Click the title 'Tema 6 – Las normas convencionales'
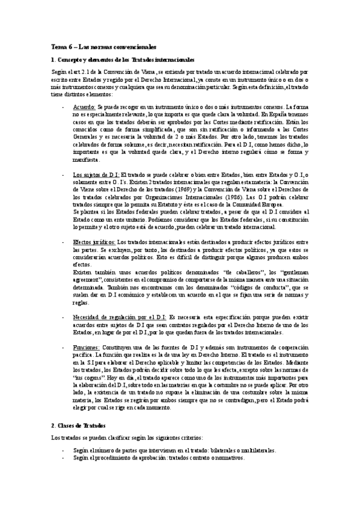click(104, 46)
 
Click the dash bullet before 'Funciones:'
click(63, 348)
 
